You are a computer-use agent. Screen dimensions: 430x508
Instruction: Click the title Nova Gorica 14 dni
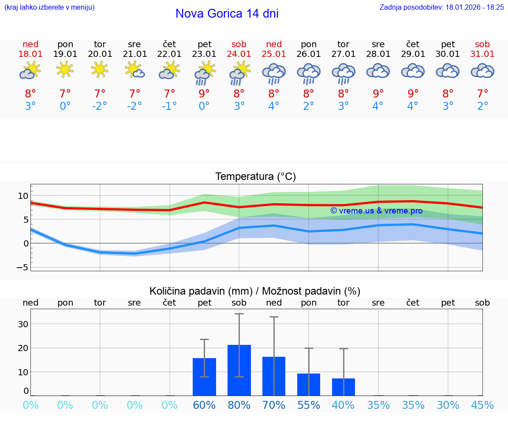tap(227, 14)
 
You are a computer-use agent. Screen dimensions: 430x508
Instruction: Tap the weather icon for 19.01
tap(65, 70)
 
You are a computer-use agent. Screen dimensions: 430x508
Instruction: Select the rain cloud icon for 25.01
tap(274, 73)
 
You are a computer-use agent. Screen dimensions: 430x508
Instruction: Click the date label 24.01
tap(239, 54)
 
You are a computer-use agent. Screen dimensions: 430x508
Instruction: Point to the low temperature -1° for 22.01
tap(169, 106)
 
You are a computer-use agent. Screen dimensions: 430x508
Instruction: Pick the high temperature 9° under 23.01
tap(204, 94)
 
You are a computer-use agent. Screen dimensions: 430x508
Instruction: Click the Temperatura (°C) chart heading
tap(255, 177)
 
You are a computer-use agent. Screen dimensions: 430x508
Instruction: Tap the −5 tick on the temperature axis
tap(22, 267)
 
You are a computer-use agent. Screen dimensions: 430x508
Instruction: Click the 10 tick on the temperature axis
tap(22, 196)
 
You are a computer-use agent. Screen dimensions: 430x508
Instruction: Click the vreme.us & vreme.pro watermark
tap(377, 211)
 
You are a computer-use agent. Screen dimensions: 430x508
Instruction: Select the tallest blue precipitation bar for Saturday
tap(239, 370)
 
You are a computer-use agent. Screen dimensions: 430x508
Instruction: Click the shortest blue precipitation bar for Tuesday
tap(344, 387)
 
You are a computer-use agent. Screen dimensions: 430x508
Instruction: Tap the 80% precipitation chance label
tap(239, 405)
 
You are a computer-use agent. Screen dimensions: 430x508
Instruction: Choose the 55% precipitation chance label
tap(309, 405)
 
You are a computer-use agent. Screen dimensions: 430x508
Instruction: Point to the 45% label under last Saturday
tap(482, 405)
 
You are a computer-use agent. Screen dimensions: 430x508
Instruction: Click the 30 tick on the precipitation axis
tap(22, 324)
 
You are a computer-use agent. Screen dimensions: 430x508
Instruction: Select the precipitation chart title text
tap(255, 291)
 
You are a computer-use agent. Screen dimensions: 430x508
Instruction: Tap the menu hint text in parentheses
tap(49, 7)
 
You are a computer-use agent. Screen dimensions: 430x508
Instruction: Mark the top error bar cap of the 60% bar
tap(204, 339)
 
